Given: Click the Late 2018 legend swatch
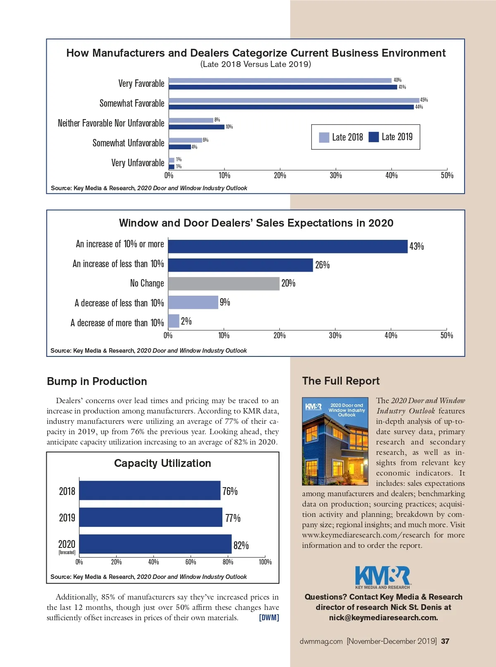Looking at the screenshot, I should coord(324,137).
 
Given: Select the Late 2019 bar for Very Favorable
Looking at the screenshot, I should coord(283,87).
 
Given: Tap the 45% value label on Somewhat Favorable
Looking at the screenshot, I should coord(424,100).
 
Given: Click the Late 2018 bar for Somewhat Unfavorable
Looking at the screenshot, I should coord(185,140).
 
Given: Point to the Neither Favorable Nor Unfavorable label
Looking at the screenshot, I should coord(111,123).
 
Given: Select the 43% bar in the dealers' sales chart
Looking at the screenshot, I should coord(288,246).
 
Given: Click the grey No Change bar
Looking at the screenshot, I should coord(224,284).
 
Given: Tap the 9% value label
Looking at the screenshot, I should coord(225,302).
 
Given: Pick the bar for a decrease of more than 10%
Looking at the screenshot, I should coord(174,321).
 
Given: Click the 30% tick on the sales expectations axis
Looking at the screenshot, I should coord(335,335).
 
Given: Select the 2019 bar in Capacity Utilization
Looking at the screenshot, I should coord(150,517).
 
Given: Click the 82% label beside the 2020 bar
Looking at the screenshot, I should coord(241,545).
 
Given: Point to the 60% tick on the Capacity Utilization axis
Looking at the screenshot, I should coord(191,562).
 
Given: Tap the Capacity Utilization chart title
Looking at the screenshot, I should coord(162,463).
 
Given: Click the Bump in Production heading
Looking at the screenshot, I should coord(97,381).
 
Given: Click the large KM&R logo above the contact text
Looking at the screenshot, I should coord(382,576).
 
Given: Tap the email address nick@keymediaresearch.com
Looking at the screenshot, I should coord(383,618).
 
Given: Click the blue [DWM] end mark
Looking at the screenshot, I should coord(269,618).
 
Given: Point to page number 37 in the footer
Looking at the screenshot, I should coord(445,641).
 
